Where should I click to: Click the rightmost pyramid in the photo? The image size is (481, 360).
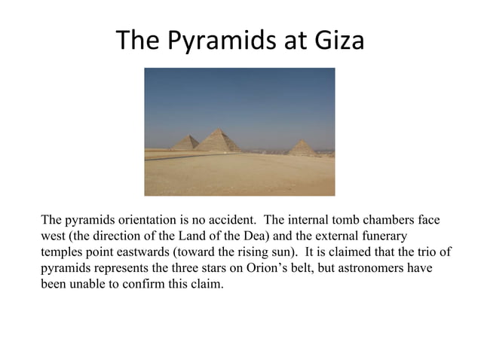[302, 148]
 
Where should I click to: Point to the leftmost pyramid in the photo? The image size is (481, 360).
[185, 142]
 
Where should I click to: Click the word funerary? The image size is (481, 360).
[382, 236]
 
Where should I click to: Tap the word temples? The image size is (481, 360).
[61, 252]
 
